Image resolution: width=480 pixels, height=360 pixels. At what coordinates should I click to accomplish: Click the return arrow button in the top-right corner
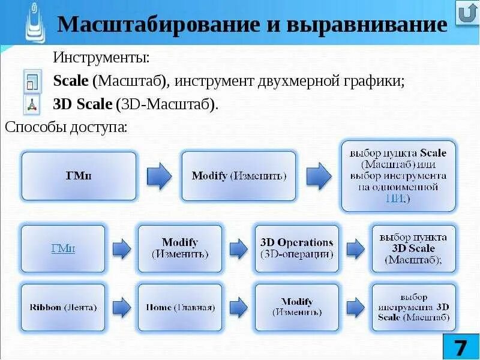[466, 13]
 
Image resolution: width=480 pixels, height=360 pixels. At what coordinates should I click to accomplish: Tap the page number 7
[459, 347]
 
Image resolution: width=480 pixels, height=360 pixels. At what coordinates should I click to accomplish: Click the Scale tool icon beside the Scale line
[32, 81]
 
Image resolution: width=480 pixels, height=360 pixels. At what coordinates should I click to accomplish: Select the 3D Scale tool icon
[32, 104]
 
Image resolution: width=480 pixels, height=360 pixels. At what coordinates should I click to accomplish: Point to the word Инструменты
[101, 58]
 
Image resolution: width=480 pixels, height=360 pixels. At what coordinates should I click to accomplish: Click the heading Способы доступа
[65, 127]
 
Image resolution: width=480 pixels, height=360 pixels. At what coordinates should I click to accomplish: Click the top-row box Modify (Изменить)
[238, 176]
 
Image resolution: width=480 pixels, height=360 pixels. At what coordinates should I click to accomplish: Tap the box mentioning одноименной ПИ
[398, 176]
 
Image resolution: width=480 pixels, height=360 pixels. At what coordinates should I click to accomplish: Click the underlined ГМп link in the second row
[62, 248]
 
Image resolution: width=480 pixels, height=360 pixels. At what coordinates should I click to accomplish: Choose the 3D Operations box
[296, 248]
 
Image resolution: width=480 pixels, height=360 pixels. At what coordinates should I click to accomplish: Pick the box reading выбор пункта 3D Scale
[413, 248]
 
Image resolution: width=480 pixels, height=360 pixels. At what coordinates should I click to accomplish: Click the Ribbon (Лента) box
[62, 307]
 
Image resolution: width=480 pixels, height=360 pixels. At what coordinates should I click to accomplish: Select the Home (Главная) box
[179, 307]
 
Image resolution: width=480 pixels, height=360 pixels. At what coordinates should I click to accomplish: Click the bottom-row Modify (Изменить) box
[296, 307]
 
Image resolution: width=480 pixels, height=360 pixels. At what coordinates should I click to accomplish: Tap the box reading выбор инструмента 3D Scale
[413, 307]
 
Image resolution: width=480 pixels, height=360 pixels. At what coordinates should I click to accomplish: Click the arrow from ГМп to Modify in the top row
[159, 176]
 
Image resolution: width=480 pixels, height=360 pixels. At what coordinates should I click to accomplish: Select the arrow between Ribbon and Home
[121, 307]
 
